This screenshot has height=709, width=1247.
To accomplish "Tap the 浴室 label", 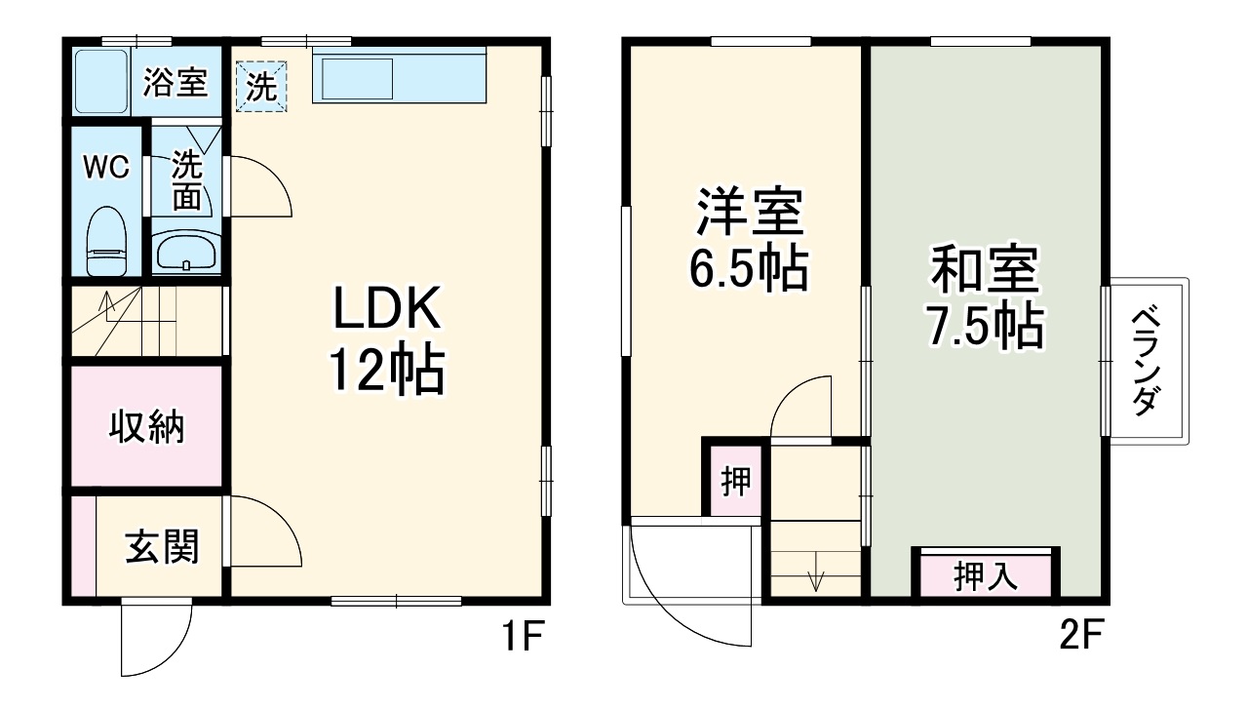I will pyautogui.click(x=175, y=82).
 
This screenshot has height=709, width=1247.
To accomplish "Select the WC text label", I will pyautogui.click(x=105, y=168).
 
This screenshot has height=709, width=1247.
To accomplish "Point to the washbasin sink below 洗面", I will pyautogui.click(x=186, y=253).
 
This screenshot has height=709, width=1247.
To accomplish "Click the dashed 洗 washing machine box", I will pyautogui.click(x=261, y=87).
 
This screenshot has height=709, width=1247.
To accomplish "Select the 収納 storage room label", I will pyautogui.click(x=146, y=426).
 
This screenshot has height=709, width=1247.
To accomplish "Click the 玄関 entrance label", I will pyautogui.click(x=162, y=548).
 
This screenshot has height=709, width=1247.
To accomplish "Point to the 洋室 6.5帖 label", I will pyautogui.click(x=749, y=239).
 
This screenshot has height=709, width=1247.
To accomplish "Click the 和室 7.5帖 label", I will pyautogui.click(x=985, y=296).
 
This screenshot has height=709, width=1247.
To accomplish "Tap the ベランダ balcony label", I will pyautogui.click(x=1149, y=361).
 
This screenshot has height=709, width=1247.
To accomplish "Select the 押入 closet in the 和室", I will pyautogui.click(x=985, y=575).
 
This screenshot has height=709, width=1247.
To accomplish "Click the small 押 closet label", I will pyautogui.click(x=735, y=481).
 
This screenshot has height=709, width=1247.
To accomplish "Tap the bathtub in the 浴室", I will pyautogui.click(x=100, y=81).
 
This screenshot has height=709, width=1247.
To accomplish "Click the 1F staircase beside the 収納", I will pyautogui.click(x=146, y=322).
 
